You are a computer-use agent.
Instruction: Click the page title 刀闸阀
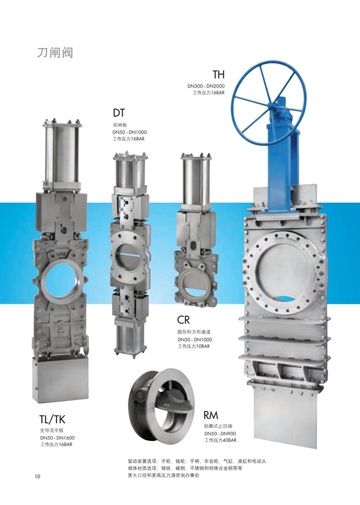(55, 53)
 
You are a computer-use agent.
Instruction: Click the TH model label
(218, 75)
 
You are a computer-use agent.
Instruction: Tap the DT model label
(119, 113)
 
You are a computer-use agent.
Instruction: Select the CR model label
(184, 320)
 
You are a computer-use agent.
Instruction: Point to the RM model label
(211, 415)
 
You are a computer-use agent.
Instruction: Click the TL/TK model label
(52, 419)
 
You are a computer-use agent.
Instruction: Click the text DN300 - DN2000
(206, 86)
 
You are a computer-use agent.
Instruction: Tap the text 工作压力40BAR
(220, 440)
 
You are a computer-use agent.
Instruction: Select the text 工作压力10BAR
(194, 346)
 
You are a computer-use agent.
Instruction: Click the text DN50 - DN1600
(58, 438)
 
